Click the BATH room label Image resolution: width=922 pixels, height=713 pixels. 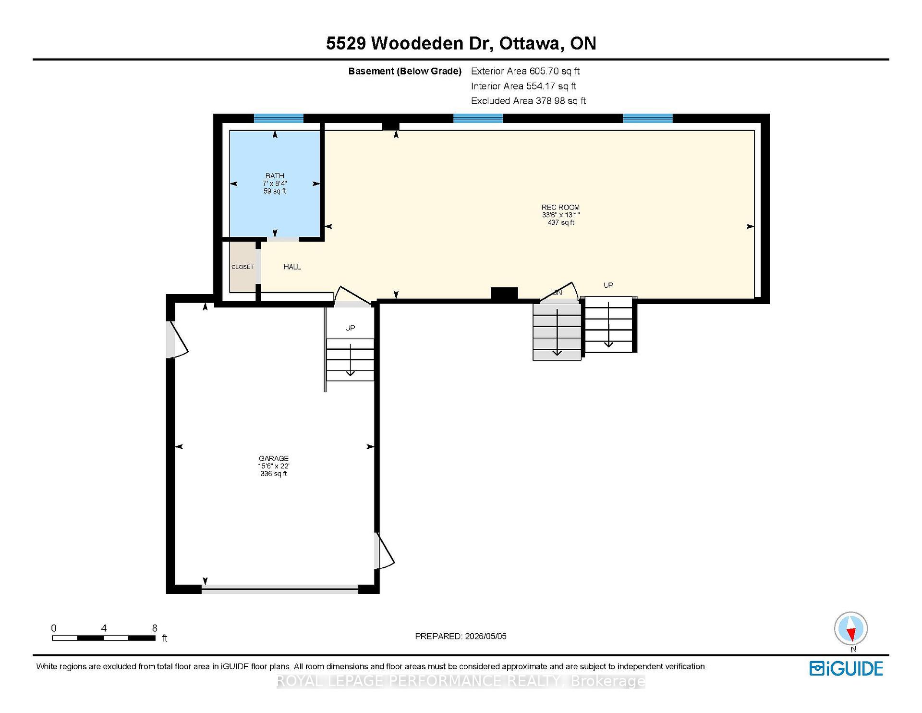(275, 176)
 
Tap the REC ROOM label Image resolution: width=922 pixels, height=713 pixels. (560, 208)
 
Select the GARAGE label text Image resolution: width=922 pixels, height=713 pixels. (274, 458)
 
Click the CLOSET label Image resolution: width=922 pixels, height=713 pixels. (243, 267)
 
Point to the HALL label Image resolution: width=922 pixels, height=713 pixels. (292, 267)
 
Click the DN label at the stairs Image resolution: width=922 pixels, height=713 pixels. (557, 292)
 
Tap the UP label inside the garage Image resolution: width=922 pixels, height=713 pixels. (350, 328)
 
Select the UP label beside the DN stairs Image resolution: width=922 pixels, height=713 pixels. (608, 285)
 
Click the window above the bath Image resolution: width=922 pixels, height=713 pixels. (279, 119)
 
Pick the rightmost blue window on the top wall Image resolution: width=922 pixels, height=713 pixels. (648, 119)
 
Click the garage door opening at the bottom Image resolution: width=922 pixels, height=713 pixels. (280, 589)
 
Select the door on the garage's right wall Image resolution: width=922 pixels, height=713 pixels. (384, 551)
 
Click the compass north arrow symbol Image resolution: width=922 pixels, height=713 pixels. (851, 629)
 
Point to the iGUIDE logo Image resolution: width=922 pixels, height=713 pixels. (846, 669)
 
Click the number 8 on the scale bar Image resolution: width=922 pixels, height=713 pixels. (155, 628)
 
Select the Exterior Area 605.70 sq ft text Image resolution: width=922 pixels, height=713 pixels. (525, 71)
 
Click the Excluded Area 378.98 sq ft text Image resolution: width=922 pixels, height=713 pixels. (528, 101)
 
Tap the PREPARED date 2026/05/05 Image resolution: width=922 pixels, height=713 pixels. (485, 636)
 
